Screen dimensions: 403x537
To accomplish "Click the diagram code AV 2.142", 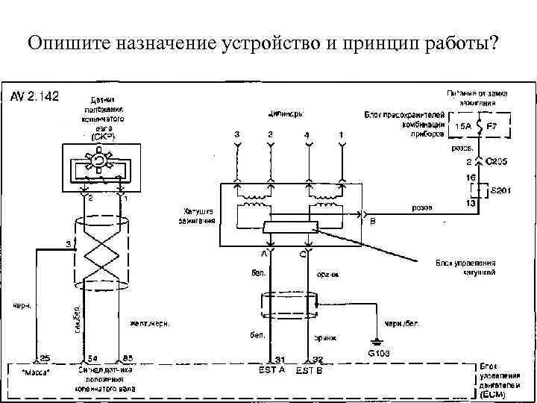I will [x=34, y=96].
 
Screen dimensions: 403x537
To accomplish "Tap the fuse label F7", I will [x=491, y=126].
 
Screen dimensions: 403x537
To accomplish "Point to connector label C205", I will [x=497, y=160].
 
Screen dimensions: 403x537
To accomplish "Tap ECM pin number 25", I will [x=45, y=358].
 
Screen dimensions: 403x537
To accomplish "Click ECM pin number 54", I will [x=92, y=358].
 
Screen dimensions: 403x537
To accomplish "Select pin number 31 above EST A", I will [x=280, y=359].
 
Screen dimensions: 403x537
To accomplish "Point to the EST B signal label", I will [x=310, y=370].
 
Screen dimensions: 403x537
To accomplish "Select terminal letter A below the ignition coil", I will [x=263, y=254].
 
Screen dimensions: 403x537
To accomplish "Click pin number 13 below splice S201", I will [x=471, y=204].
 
